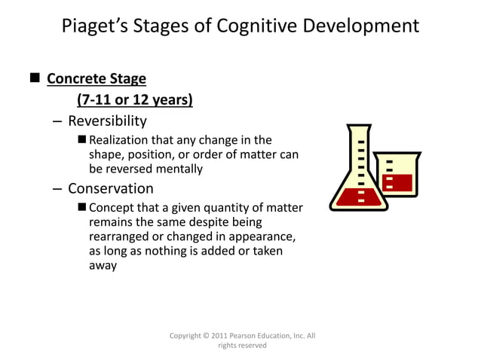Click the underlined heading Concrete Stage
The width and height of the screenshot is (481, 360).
coord(97,79)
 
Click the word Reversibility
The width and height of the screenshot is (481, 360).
coord(107,121)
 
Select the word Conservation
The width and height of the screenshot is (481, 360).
coord(110,188)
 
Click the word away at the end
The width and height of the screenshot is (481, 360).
coord(103,265)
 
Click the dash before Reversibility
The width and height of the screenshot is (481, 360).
coord(58,121)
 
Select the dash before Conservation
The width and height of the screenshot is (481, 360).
coord(58,188)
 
